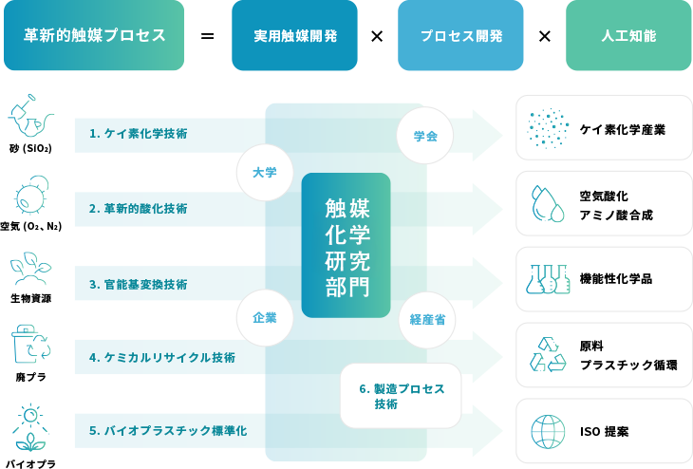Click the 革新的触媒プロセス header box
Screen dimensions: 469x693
click(94, 35)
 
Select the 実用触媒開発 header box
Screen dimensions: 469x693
click(294, 35)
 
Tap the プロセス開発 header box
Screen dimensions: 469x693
click(460, 35)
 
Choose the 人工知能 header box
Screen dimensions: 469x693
click(628, 35)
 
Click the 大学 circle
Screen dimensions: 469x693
click(265, 173)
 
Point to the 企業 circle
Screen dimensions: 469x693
click(265, 317)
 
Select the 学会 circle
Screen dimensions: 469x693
click(425, 135)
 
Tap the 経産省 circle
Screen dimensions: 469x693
click(427, 320)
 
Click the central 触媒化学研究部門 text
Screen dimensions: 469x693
click(346, 247)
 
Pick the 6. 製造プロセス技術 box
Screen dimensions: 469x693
click(401, 396)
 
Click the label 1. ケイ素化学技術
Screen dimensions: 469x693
click(138, 134)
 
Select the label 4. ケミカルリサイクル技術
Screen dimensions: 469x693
click(162, 358)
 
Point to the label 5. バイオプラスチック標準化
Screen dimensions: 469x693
click(168, 430)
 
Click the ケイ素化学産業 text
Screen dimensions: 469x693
click(622, 128)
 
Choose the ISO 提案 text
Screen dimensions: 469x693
click(604, 431)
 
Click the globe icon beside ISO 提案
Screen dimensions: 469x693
click(548, 431)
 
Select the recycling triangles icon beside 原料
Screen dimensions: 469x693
click(548, 354)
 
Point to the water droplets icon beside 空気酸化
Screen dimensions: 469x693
click(548, 203)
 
